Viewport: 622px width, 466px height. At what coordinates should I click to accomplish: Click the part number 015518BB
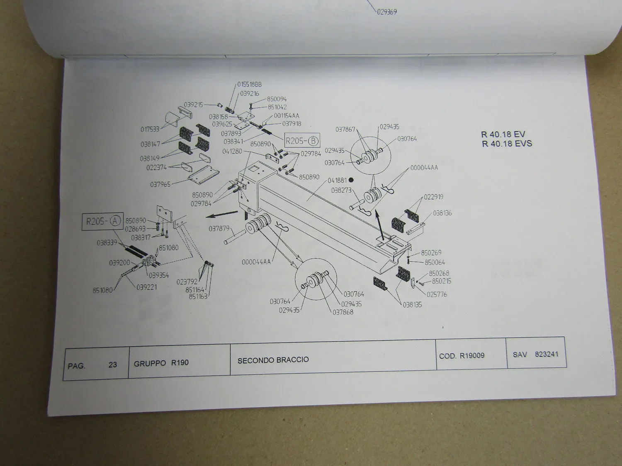250,85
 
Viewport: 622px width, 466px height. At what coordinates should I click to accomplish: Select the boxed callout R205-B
302,141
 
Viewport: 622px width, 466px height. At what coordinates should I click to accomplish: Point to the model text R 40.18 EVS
507,144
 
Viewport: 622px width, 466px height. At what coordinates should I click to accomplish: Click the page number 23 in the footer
112,365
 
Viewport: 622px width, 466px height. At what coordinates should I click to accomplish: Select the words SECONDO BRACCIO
273,360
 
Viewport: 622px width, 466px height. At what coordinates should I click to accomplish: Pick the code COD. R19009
462,355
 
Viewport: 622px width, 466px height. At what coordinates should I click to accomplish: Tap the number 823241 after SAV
547,354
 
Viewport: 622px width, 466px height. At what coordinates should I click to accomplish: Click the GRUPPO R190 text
161,363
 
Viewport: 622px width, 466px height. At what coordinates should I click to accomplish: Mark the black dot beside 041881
351,180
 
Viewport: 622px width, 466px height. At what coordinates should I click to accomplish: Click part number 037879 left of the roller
219,228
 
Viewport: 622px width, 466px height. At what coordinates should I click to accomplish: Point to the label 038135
412,304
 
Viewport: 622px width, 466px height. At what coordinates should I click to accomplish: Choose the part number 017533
150,129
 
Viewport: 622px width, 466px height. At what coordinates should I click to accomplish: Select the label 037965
160,184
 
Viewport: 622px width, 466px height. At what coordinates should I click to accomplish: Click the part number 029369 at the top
387,12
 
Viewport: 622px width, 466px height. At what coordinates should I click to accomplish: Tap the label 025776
437,295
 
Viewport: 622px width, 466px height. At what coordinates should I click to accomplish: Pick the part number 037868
343,312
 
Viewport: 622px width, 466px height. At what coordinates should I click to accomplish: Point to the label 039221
147,287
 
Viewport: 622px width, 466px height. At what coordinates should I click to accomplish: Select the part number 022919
433,197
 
